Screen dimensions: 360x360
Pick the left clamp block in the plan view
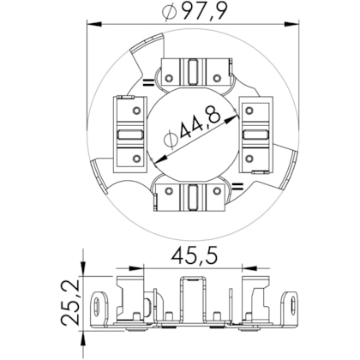(x=132, y=133)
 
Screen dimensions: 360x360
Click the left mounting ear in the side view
(x=99, y=304)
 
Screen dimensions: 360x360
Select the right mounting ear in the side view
(x=293, y=304)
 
